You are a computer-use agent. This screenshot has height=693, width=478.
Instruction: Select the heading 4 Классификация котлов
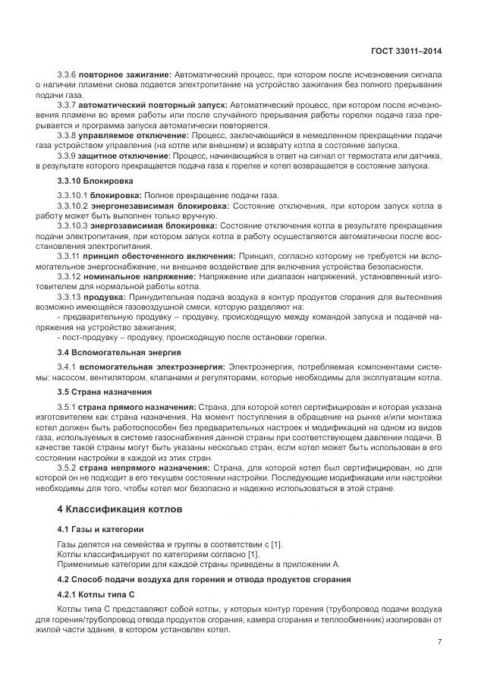tap(120, 509)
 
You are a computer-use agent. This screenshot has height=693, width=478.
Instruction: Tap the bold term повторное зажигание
tap(126, 76)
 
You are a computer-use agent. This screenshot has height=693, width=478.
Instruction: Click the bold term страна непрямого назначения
tap(144, 468)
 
